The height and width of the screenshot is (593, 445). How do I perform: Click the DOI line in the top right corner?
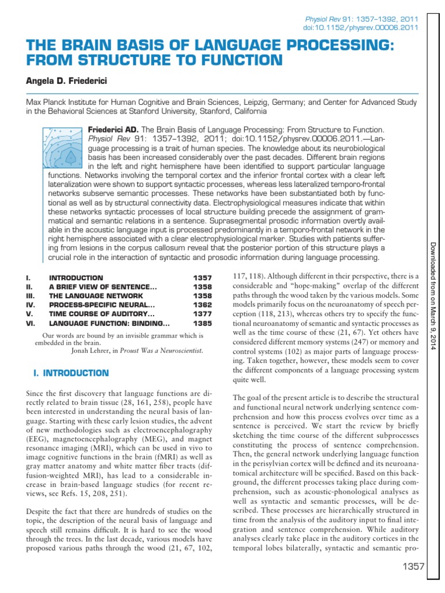(x=362, y=27)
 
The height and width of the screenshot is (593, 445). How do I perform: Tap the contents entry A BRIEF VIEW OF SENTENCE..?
(x=103, y=287)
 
